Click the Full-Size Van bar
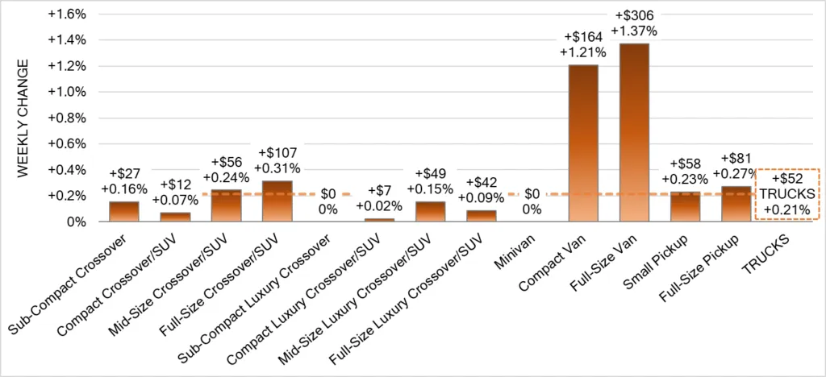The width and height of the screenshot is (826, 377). pyautogui.click(x=633, y=133)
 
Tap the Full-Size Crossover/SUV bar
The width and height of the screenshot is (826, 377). pyautogui.click(x=277, y=201)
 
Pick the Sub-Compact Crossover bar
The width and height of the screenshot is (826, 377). pyautogui.click(x=123, y=211)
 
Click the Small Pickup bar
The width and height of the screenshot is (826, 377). pyautogui.click(x=685, y=206)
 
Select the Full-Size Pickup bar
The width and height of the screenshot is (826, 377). pyautogui.click(x=736, y=204)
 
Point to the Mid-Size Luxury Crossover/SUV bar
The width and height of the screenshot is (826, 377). pyautogui.click(x=430, y=212)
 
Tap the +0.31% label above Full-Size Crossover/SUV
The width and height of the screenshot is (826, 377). pyautogui.click(x=277, y=168)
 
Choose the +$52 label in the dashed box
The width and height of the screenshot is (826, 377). pyautogui.click(x=786, y=179)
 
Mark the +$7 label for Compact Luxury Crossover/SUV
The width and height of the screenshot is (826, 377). pyautogui.click(x=379, y=190)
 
